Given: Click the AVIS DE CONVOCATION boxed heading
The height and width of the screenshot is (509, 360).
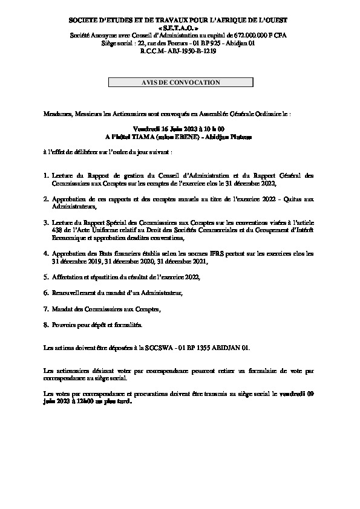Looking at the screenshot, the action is click(180, 82).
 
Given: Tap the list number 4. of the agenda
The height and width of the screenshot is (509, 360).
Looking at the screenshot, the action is click(46, 254).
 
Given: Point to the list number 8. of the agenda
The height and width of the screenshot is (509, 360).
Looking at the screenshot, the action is click(46, 325).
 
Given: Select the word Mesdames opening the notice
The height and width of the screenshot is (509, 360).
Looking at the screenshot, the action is click(58, 113).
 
